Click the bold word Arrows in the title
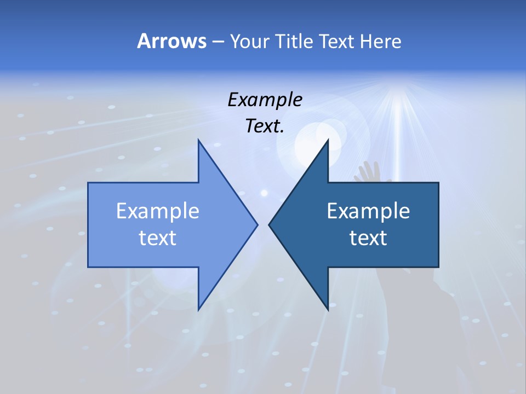[171, 41]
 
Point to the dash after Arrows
[217, 42]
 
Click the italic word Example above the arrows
[265, 100]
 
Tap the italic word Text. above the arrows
[265, 126]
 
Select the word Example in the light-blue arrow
[158, 211]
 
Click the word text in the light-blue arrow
[158, 237]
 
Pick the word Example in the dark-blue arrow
[368, 211]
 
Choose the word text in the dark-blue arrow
[368, 237]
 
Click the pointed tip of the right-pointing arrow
[257, 224]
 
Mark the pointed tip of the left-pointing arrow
[269, 224]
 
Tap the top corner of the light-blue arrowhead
[198, 140]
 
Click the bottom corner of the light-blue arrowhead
[198, 309]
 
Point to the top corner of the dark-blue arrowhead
[328, 140]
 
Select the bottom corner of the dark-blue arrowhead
[328, 309]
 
